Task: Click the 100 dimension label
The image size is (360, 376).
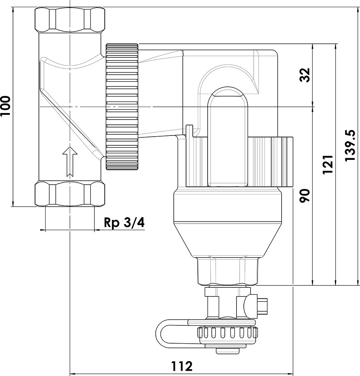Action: (x=5, y=106)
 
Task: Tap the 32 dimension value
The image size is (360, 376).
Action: (x=305, y=75)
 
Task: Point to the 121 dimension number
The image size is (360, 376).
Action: (x=328, y=164)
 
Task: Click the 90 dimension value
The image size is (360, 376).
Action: (x=305, y=196)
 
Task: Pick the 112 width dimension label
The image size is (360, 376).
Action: (x=182, y=366)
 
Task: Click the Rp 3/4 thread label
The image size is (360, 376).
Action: (x=124, y=223)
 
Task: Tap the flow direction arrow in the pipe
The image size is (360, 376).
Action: (x=70, y=161)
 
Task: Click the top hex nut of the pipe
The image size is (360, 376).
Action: (x=70, y=20)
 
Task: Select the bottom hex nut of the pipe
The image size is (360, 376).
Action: (x=70, y=193)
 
